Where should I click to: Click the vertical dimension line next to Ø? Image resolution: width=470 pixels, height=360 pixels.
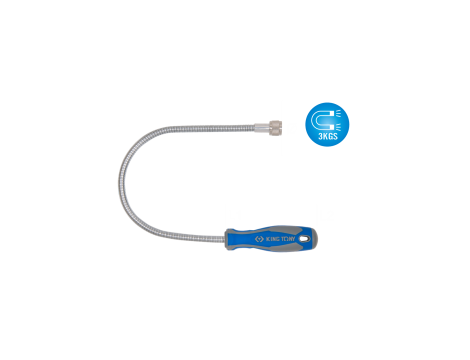[x=282, y=127]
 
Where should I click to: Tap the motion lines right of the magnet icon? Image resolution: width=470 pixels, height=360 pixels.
[x=341, y=118]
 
